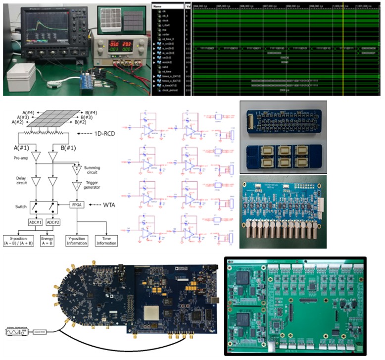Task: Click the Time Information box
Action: click(106, 241)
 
